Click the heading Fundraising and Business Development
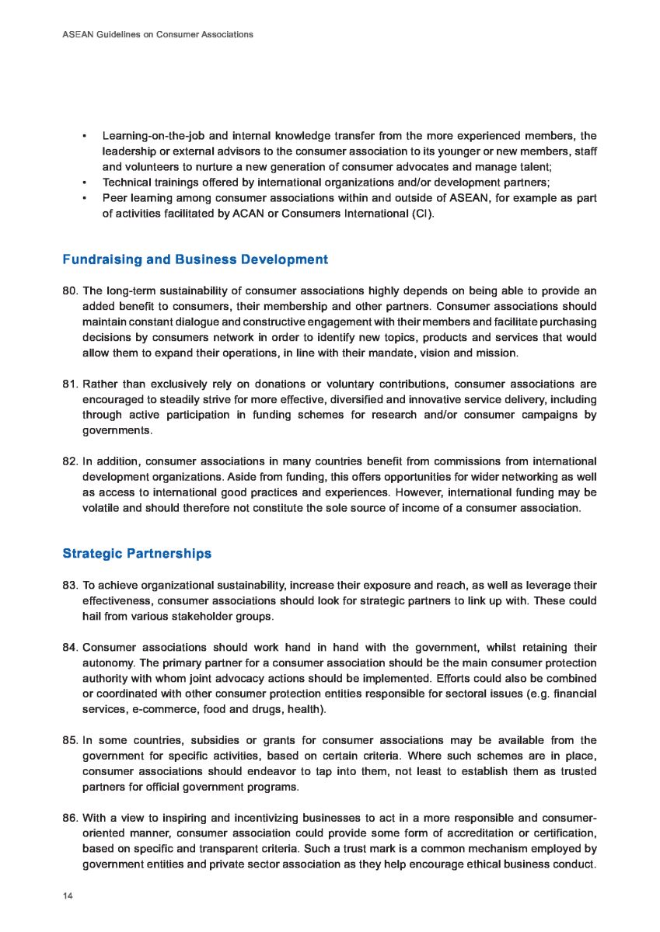pos(194,259)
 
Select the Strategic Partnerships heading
pos(136,554)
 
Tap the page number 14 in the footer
pos(68,896)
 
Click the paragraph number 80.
pos(70,291)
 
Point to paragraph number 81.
pos(70,384)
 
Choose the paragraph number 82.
pos(70,461)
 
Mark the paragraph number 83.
pos(70,585)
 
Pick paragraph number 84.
pos(70,647)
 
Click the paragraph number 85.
pos(70,740)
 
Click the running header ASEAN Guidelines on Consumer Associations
pos(157,35)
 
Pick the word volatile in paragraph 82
pos(102,508)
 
